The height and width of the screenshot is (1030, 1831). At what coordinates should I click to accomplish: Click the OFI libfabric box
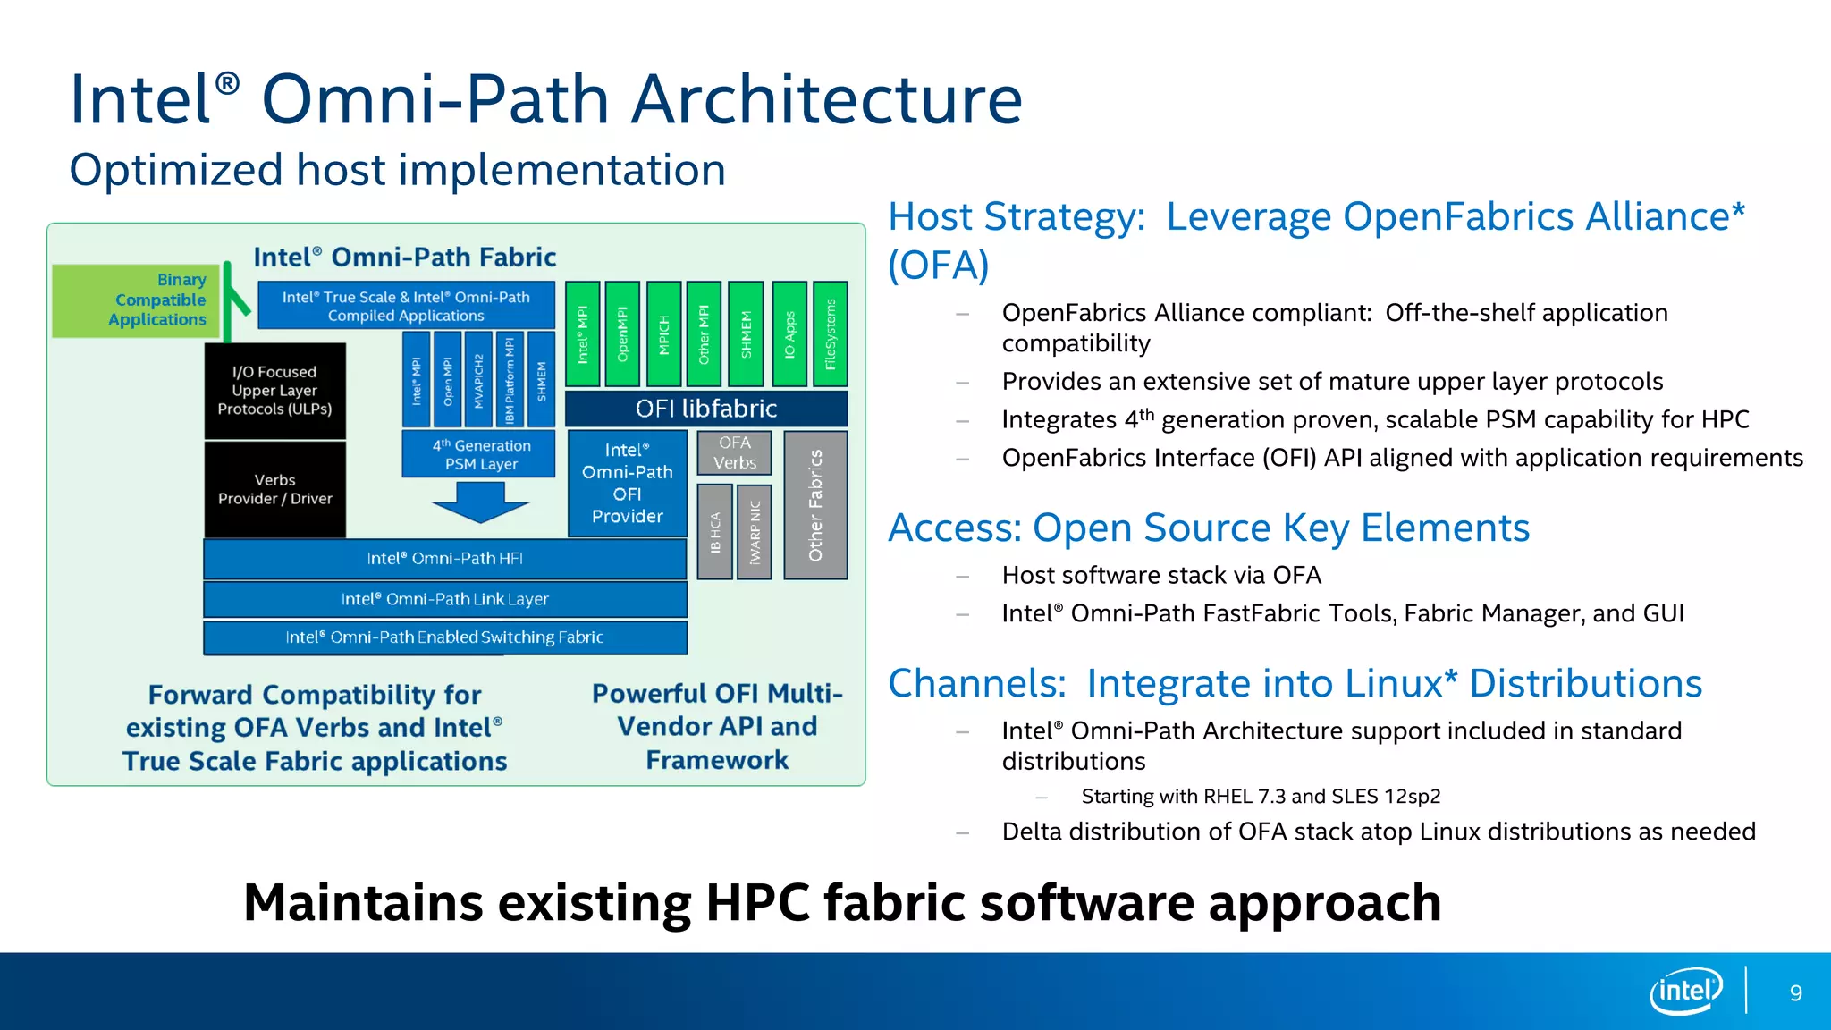click(706, 409)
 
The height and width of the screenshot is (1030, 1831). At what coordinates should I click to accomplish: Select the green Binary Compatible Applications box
click(136, 300)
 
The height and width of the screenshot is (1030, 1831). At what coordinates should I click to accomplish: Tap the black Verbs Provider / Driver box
click(274, 489)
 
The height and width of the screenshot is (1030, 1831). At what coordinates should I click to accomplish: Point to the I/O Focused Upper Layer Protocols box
click(274, 391)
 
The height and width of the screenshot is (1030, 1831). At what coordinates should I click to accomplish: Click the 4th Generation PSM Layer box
click(481, 454)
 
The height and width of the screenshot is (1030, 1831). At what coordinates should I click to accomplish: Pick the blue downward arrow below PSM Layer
click(481, 502)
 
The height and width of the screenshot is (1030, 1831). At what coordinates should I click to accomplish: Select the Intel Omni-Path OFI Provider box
click(627, 483)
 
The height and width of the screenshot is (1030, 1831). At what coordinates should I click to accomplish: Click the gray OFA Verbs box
click(734, 452)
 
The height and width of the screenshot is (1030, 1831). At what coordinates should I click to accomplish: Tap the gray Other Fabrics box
click(815, 505)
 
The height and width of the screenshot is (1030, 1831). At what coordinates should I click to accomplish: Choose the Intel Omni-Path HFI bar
click(444, 559)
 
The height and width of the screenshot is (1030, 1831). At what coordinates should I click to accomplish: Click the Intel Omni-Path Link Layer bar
click(444, 599)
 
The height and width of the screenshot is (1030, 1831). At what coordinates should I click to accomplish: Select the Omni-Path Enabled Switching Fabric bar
click(444, 637)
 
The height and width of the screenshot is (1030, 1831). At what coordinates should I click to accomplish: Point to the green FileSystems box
click(831, 333)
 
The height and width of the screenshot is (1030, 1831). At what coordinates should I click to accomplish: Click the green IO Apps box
click(789, 333)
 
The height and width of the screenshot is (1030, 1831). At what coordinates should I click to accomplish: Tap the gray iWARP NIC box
click(755, 532)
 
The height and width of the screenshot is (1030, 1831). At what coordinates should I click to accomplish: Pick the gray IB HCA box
click(715, 532)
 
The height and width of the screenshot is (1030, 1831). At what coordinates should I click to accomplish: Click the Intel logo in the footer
click(1685, 991)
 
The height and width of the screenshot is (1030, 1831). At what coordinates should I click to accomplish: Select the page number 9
click(1795, 992)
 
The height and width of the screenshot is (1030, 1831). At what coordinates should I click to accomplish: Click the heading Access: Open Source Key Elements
click(1208, 528)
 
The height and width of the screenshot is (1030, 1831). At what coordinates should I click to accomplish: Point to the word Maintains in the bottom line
click(363, 902)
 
